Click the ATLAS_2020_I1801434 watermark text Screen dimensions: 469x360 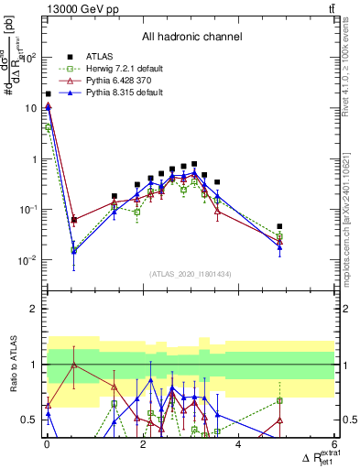[191, 274]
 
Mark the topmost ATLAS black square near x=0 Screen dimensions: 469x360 [48, 93]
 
